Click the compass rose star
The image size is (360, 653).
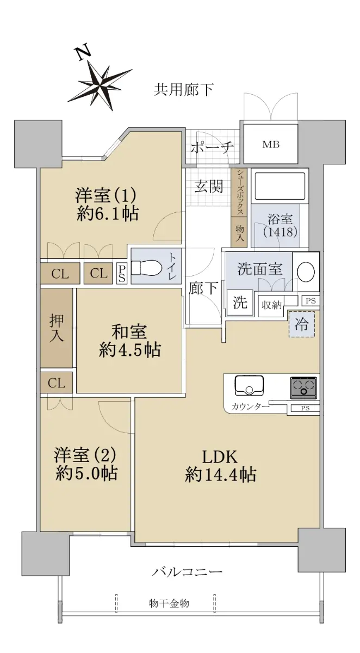101,85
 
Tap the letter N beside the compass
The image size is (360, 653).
84,53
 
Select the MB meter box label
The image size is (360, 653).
271,144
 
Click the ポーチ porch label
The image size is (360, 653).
212,147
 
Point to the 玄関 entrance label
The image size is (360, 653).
209,186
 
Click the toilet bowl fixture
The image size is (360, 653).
146,268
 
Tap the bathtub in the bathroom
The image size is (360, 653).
280,186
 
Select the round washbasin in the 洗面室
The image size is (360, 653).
306,272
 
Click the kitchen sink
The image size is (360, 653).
249,385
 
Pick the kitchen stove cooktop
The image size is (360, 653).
303,387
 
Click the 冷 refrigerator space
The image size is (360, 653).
302,324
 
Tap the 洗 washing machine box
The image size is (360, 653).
240,303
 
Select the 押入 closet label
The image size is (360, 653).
56,328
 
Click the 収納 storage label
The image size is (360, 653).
271,305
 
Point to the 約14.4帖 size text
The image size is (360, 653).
220,475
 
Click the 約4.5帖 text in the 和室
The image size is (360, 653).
129,350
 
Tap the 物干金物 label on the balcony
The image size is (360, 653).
169,603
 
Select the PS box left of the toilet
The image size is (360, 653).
121,274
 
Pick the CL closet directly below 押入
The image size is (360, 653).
56,382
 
